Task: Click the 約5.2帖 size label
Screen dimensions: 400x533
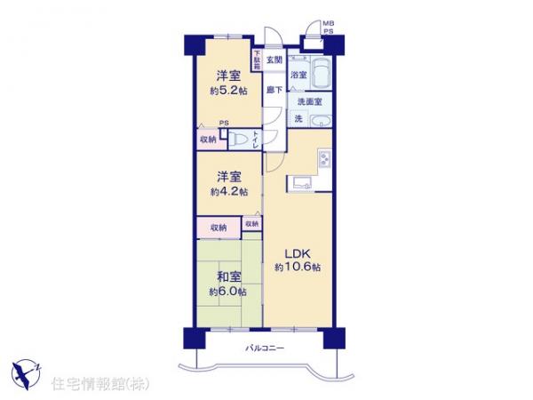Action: (x=228, y=92)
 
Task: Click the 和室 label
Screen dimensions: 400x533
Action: (x=228, y=277)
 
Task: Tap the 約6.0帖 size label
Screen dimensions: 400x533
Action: (x=228, y=292)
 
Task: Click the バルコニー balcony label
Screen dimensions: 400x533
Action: (x=265, y=348)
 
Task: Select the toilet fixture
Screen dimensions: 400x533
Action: (x=237, y=139)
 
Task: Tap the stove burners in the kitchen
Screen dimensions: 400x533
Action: (x=323, y=160)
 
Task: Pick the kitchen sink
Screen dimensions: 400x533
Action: (x=299, y=184)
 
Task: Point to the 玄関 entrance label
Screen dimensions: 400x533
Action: (x=274, y=60)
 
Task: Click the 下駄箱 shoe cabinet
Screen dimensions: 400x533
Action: (x=258, y=60)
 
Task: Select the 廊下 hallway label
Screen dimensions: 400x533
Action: (x=274, y=90)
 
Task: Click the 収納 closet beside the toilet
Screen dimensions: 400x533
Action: (x=207, y=139)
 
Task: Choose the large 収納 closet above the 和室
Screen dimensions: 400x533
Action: (x=219, y=228)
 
